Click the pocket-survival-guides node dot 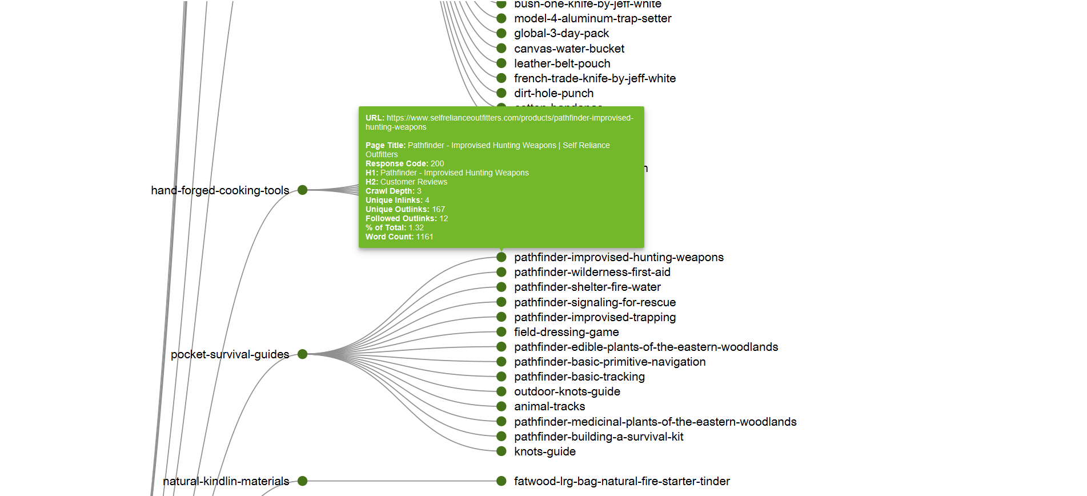coord(303,354)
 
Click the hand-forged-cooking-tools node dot coord(303,190)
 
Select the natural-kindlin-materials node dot coord(303,481)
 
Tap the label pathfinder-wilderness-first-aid coord(592,273)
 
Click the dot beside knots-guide coord(502,451)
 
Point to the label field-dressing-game coord(566,332)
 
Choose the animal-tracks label coord(549,406)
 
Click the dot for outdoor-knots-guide coord(502,391)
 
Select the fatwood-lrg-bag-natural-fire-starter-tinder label coord(621,481)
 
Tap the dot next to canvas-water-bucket coord(502,49)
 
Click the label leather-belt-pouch coord(561,63)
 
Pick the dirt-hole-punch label coord(553,93)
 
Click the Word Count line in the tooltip coord(399,237)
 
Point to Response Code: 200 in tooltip coord(404,163)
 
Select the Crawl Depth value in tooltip coord(419,191)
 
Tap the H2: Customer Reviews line coord(406,182)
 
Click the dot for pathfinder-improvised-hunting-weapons coord(502,257)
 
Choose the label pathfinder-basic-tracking coord(579,377)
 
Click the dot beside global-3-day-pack coord(502,33)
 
